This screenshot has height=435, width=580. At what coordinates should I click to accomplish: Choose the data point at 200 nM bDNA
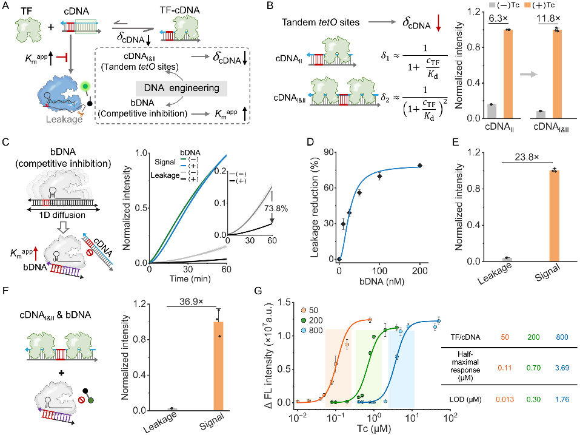[419, 166]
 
